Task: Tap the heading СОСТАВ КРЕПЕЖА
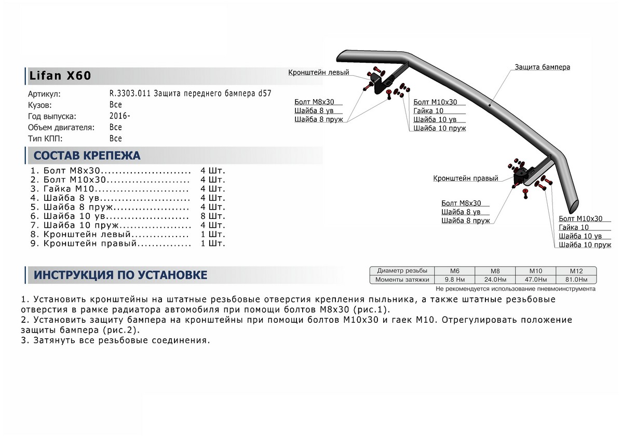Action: pyautogui.click(x=87, y=156)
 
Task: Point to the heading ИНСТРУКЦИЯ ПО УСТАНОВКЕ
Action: pyautogui.click(x=120, y=275)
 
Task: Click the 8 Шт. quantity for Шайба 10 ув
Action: pyautogui.click(x=212, y=216)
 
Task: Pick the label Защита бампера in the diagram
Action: pyautogui.click(x=543, y=67)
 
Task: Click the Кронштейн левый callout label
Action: pyautogui.click(x=318, y=73)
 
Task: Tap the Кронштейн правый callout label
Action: pyautogui.click(x=466, y=178)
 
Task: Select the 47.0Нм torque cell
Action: pyautogui.click(x=535, y=280)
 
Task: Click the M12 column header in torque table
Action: pyautogui.click(x=576, y=271)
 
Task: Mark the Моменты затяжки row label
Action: pyautogui.click(x=403, y=280)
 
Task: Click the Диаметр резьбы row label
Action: pyautogui.click(x=403, y=271)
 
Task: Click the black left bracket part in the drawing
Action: pyautogui.click(x=386, y=83)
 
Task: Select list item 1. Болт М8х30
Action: pyautogui.click(x=73, y=171)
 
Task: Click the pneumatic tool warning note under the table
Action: pyautogui.click(x=516, y=288)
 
